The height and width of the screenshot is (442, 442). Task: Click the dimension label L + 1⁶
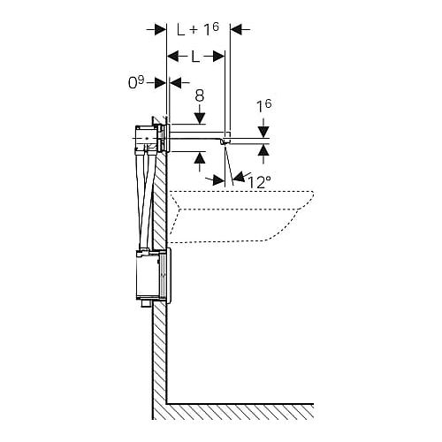point(198,29)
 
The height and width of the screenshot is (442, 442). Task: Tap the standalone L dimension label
point(195,57)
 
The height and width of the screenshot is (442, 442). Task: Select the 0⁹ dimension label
point(136,83)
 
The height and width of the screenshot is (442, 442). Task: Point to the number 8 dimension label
point(200,95)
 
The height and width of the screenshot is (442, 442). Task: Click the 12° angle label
point(259,182)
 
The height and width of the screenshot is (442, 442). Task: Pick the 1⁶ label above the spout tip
point(264,106)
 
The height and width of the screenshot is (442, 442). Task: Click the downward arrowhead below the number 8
point(200,118)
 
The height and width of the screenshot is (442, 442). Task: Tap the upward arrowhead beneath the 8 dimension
point(200,157)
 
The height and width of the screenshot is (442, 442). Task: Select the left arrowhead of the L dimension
point(173,57)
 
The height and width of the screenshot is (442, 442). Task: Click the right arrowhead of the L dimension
point(219,57)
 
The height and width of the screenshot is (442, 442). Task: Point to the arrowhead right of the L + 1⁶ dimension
point(236,29)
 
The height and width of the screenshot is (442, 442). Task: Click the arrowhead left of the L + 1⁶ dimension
point(161,29)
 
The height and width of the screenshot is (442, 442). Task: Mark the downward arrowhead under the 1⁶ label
point(263,132)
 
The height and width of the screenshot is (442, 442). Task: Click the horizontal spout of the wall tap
point(198,135)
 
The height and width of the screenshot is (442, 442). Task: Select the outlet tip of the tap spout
point(225,142)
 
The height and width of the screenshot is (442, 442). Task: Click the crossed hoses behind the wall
point(146,201)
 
